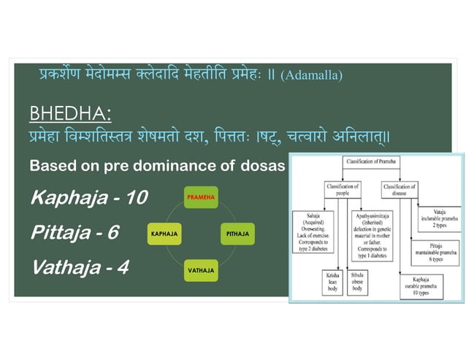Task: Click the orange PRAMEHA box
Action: click(x=200, y=198)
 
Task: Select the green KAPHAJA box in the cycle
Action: click(x=165, y=234)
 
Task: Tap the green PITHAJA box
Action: click(x=237, y=234)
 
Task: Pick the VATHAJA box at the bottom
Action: click(x=200, y=270)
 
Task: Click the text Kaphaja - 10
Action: click(x=89, y=197)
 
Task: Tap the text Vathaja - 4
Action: click(x=80, y=267)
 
